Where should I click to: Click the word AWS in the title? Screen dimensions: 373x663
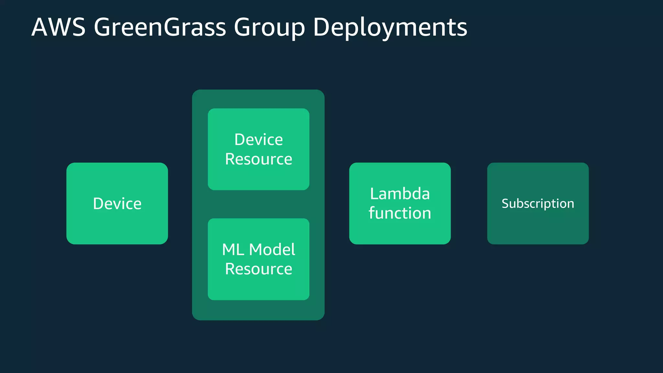coord(59,27)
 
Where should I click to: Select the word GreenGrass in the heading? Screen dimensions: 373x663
coord(160,27)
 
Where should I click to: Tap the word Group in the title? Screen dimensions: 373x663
coord(269,28)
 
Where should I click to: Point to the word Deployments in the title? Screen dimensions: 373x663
coord(390,28)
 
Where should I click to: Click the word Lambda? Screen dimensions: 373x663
coord(400,194)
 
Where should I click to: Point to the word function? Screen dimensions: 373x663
coord(400,213)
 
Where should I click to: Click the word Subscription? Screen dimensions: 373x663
coord(538,204)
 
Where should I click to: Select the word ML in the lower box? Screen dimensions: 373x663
coord(233,250)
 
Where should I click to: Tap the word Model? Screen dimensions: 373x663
coord(272,250)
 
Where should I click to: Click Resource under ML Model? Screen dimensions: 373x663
coord(258,269)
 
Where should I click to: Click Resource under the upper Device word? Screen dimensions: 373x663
coord(258,159)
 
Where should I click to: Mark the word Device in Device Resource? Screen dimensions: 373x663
coord(258,140)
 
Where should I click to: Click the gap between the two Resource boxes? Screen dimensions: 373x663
coord(258,204)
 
